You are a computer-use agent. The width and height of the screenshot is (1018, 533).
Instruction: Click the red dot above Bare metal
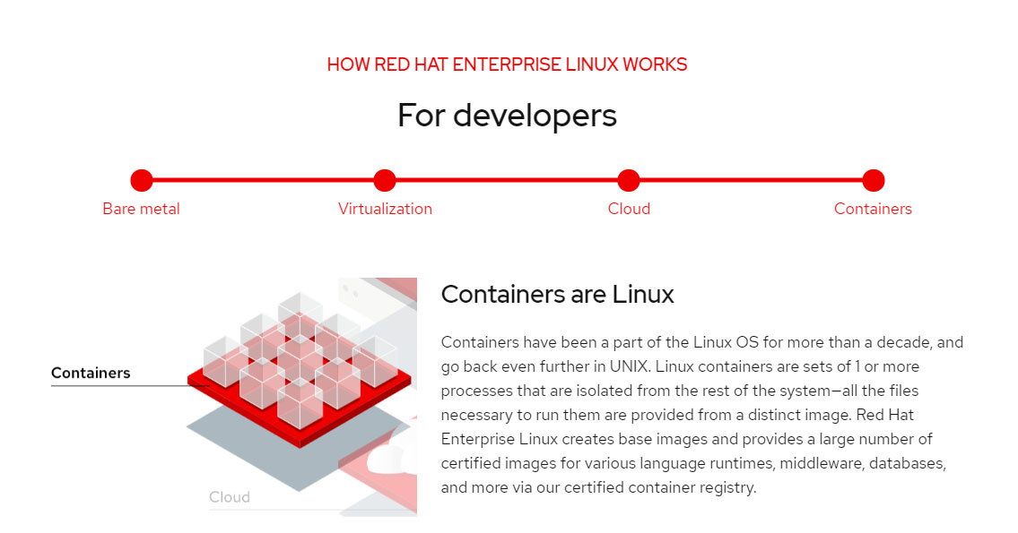(x=142, y=181)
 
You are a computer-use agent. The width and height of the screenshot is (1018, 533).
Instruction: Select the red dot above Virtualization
(x=385, y=181)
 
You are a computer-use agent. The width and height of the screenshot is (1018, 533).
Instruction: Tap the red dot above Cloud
(x=629, y=181)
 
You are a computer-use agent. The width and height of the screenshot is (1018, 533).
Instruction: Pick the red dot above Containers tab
(x=874, y=181)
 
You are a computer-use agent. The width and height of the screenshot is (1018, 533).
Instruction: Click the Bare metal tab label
(x=141, y=209)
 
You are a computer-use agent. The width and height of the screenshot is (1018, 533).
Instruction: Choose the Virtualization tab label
(x=385, y=209)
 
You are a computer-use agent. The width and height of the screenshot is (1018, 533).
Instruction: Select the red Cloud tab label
(x=629, y=209)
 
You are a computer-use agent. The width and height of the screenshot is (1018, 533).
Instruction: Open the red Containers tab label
(x=873, y=209)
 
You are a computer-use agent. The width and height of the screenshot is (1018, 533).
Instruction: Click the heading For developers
(x=507, y=116)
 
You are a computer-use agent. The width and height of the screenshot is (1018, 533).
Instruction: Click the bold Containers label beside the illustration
(x=91, y=373)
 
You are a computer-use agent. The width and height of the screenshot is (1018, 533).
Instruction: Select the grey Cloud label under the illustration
(x=230, y=497)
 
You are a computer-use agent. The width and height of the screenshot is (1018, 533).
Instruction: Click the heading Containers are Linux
(x=557, y=294)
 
